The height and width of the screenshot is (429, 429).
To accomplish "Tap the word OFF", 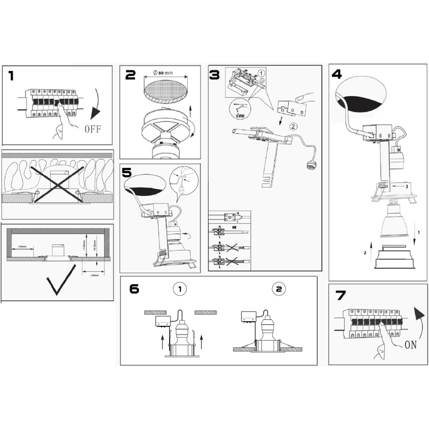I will point(93,128).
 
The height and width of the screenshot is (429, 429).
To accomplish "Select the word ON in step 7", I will point(410,344).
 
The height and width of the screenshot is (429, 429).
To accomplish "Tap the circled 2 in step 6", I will point(279,290).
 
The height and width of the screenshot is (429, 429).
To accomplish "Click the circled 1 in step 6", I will point(180,290).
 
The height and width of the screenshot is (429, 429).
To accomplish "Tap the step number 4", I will point(336,74).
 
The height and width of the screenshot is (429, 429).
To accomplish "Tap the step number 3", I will point(215,75).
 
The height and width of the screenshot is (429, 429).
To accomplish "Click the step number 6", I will point(134,289).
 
